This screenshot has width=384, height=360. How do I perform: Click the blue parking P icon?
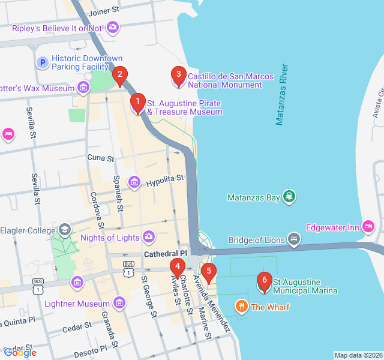pyautogui.click(x=42, y=62)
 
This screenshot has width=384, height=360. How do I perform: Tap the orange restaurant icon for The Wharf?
pyautogui.click(x=242, y=307)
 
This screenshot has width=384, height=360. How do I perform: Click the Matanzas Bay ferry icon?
pyautogui.click(x=290, y=197)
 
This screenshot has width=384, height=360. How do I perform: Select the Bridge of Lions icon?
pyautogui.click(x=293, y=240)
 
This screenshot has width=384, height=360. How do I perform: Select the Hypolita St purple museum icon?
pyautogui.click(x=134, y=182)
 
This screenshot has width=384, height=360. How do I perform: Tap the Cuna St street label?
pyautogui.click(x=100, y=158)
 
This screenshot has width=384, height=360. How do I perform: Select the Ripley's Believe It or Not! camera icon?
pyautogui.click(x=113, y=27)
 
